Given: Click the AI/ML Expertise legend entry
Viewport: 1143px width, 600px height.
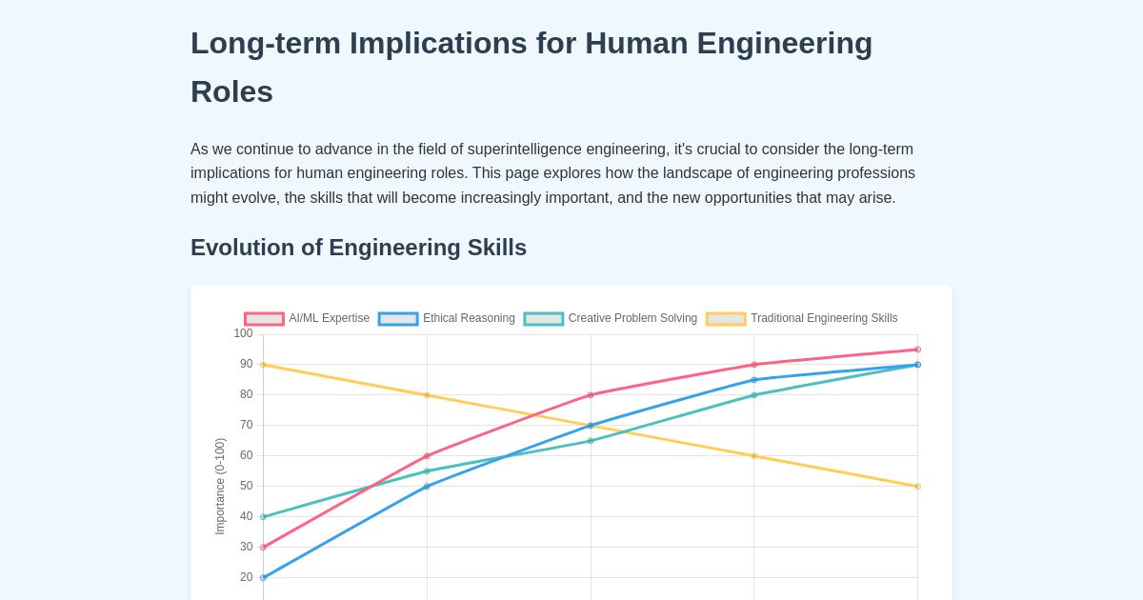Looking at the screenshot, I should coord(307,318).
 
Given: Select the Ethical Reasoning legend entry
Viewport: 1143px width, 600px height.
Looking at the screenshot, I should coord(447,318).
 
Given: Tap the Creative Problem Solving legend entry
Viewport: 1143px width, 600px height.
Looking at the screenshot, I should coord(611,318).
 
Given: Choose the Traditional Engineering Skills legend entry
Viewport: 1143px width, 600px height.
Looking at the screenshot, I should coord(802,318).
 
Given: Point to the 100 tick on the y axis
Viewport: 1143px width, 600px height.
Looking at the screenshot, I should coord(243,333).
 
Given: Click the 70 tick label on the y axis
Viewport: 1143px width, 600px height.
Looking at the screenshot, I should coord(246,425).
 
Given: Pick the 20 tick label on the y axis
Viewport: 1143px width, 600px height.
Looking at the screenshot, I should coord(246,577).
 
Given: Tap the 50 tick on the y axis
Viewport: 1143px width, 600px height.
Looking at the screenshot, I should coord(246,486).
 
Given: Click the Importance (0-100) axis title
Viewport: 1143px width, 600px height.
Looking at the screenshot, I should coord(220,486).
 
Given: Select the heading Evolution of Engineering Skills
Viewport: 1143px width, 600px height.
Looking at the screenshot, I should coord(358,248).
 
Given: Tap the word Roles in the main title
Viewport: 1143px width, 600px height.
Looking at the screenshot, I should coord(231,91).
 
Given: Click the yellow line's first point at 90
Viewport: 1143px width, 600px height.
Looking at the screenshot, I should coord(263,365).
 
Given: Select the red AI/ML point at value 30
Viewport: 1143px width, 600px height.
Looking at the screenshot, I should coord(263,547).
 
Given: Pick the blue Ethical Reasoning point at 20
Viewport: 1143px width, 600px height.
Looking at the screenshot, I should coord(263,577).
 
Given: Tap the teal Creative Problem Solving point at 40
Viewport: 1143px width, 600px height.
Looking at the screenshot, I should coord(263,516).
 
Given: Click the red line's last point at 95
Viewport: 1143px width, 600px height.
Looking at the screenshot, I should coord(917,350).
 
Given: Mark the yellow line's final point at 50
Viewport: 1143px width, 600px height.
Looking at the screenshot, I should coord(917,486).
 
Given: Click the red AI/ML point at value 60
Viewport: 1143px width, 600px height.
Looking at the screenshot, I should coord(427,455).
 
